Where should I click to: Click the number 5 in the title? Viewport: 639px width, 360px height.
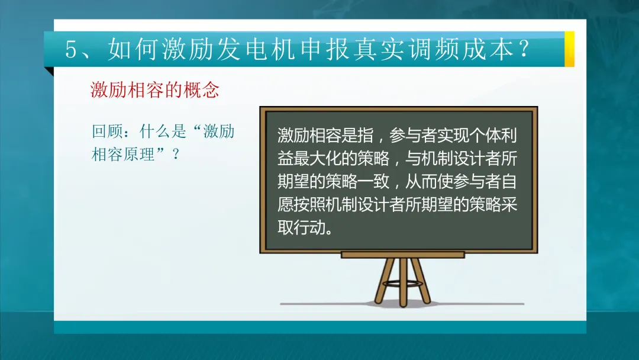[71, 50]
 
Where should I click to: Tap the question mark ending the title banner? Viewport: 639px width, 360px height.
[524, 49]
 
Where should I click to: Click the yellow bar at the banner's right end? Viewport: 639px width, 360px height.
[569, 49]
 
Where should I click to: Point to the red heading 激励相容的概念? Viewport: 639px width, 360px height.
[155, 89]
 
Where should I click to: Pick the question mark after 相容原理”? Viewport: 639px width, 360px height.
[176, 155]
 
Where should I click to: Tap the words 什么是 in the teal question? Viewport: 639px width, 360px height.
[163, 131]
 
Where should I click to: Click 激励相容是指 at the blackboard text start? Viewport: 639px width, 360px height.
[325, 136]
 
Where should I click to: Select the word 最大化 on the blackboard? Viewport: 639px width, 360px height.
[317, 158]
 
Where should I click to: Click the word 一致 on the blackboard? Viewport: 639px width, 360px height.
[373, 181]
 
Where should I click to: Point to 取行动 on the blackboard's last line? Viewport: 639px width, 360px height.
[301, 227]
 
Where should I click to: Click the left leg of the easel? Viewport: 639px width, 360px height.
[385, 281]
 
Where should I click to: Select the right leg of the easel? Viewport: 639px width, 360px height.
[421, 281]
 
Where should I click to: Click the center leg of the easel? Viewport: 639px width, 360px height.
[403, 282]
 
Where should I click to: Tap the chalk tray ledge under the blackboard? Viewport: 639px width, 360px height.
[403, 255]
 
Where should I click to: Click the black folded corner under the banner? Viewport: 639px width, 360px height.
[49, 71]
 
